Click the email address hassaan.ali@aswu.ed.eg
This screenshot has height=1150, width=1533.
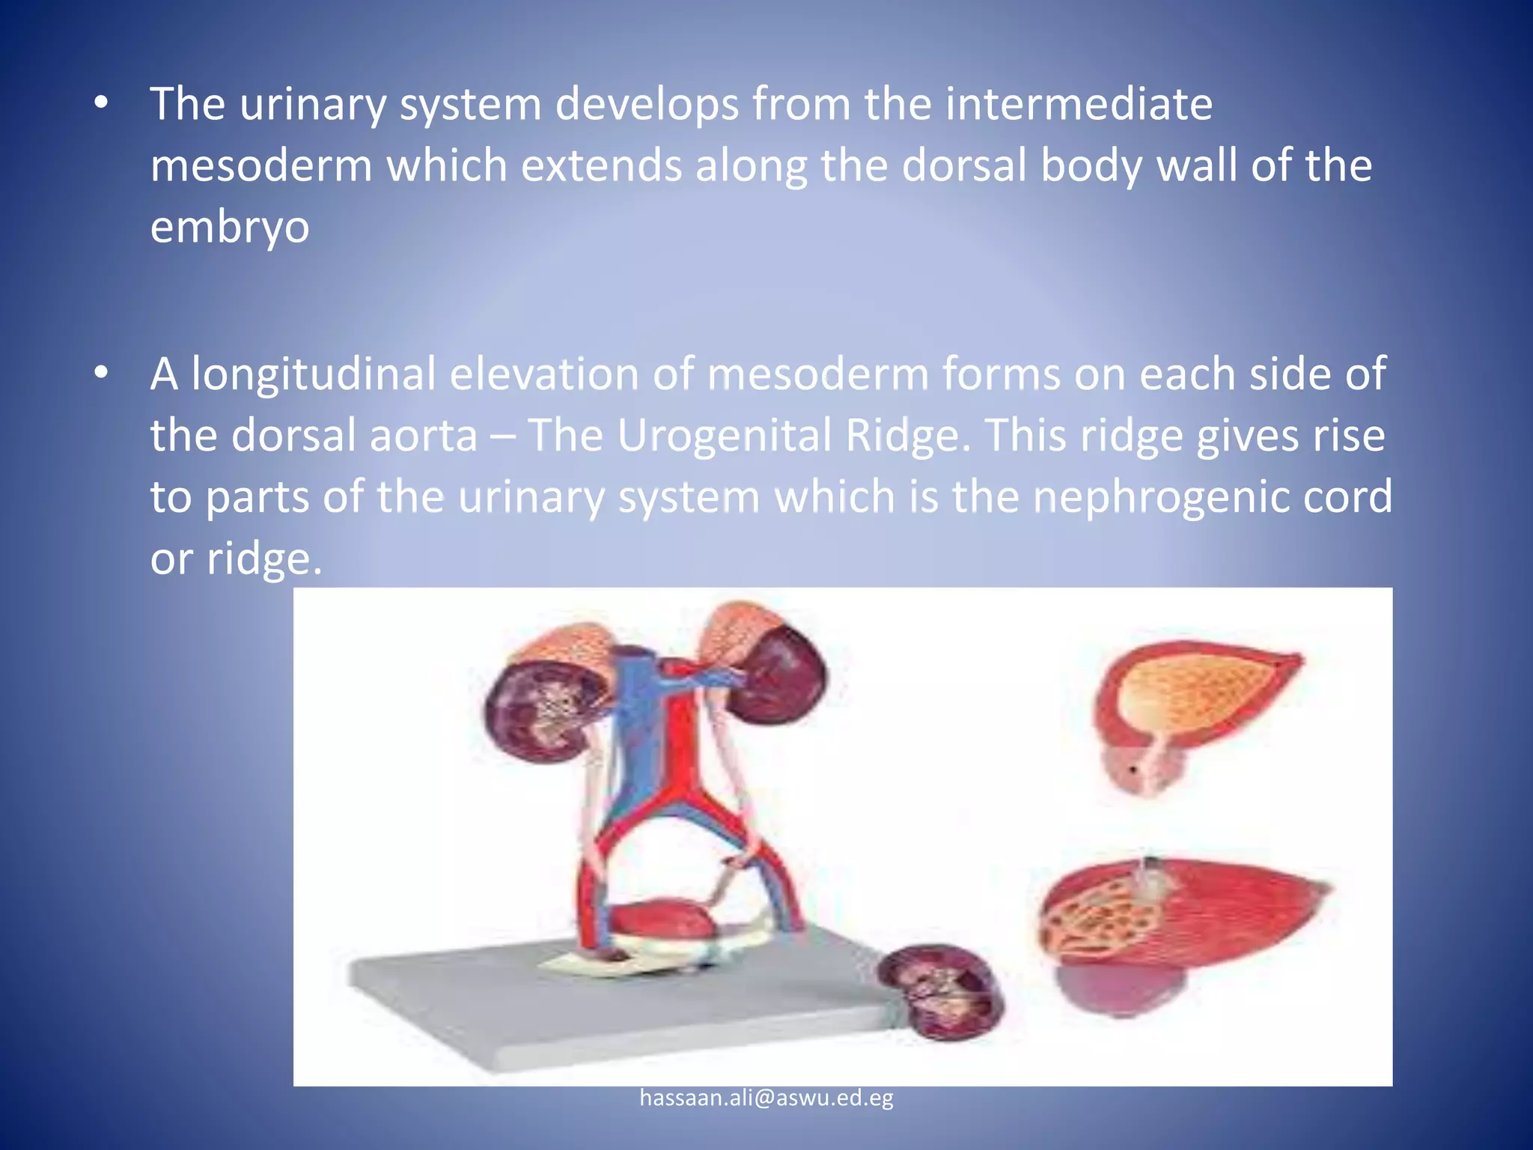click(x=766, y=1098)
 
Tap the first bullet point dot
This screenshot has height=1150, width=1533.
click(x=102, y=104)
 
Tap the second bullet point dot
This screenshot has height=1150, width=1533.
click(x=102, y=372)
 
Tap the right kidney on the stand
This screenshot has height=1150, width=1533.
click(x=778, y=670)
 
